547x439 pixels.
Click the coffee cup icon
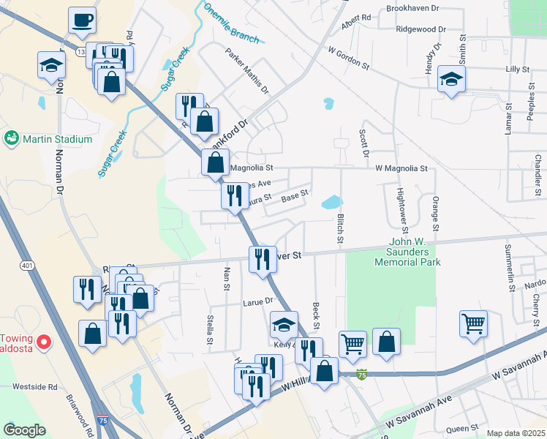click(x=83, y=20)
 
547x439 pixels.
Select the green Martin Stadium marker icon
click(x=11, y=138)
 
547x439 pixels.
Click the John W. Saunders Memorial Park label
click(x=407, y=252)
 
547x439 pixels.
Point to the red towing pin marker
click(x=44, y=342)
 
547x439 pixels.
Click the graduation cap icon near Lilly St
click(x=451, y=80)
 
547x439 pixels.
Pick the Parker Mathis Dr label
click(x=247, y=72)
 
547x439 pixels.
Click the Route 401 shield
click(x=27, y=265)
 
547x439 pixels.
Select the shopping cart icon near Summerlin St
click(x=473, y=323)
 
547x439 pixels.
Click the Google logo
click(x=24, y=429)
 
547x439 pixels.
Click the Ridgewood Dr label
click(x=420, y=29)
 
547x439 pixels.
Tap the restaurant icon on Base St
click(x=235, y=196)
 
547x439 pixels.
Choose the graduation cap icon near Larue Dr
click(x=284, y=324)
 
